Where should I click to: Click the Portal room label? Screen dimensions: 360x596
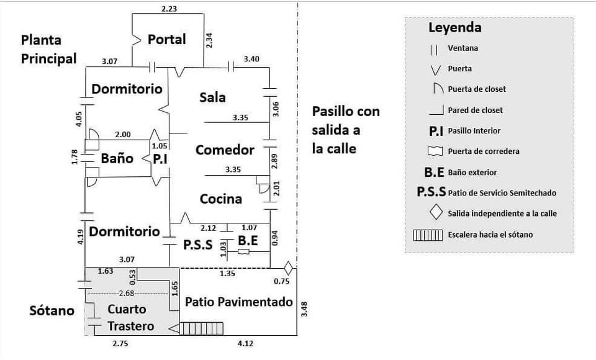point(166,40)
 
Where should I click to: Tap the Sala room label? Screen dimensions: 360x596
point(212,97)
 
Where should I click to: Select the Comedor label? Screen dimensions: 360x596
point(225,150)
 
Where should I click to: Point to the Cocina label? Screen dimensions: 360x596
point(220,199)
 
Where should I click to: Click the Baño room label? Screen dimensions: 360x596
point(117,158)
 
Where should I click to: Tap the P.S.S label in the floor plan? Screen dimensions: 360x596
point(198,245)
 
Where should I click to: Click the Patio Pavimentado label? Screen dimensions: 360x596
point(239,303)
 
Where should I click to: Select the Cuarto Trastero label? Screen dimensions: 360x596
point(127,317)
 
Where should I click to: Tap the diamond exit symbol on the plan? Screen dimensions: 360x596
point(287,268)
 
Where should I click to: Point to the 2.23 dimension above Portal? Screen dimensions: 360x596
point(168,8)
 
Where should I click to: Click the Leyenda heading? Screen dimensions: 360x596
point(454,28)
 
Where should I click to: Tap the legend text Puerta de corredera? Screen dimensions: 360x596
point(484,151)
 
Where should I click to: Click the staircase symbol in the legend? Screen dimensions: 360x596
point(427,235)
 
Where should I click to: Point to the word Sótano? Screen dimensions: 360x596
point(52,310)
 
